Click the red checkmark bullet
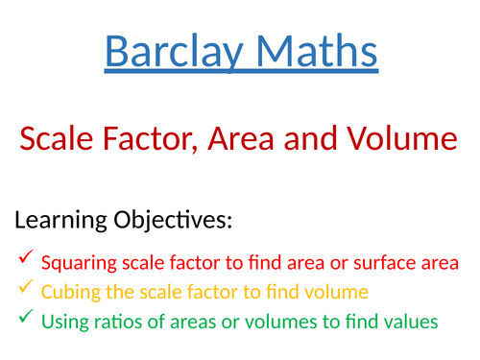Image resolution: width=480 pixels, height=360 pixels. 25,259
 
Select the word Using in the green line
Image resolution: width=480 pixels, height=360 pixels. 62,323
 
